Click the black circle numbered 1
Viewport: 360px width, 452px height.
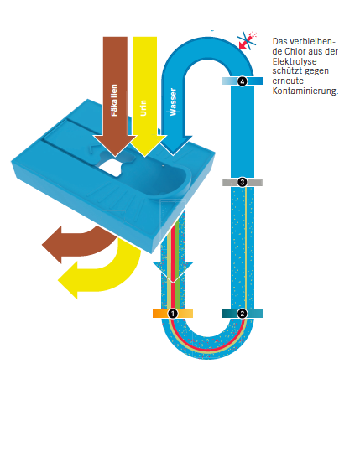tap(173, 314)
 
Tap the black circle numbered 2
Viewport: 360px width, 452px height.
tap(243, 314)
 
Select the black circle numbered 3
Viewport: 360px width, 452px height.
tap(243, 182)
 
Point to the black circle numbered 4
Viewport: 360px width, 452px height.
tap(243, 81)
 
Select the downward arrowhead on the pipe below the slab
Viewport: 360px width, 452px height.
tap(173, 273)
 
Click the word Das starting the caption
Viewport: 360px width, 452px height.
tap(279, 42)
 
